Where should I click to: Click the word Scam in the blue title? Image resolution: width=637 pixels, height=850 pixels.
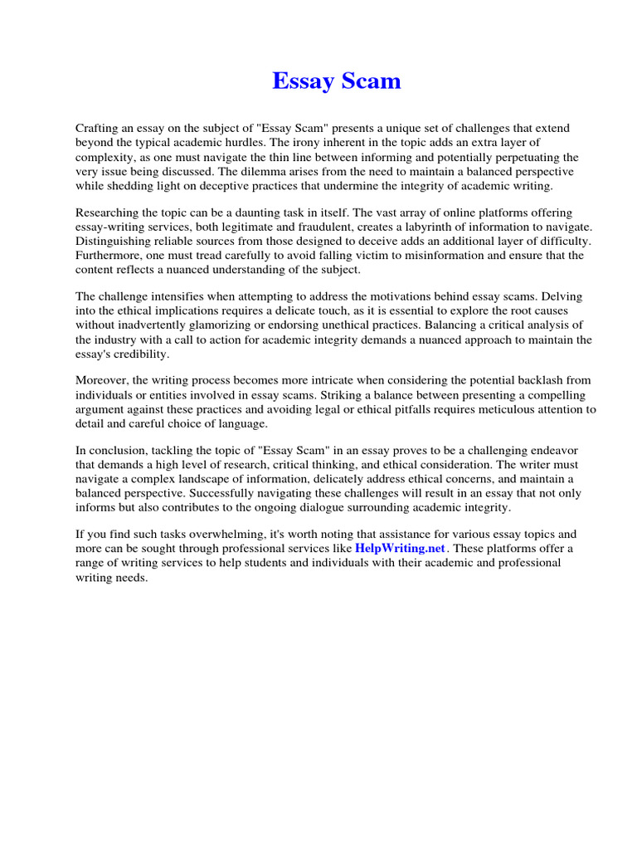(x=362, y=81)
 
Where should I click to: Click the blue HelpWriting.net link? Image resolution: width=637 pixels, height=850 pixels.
(x=401, y=549)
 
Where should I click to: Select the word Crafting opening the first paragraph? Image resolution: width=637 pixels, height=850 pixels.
(x=99, y=129)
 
